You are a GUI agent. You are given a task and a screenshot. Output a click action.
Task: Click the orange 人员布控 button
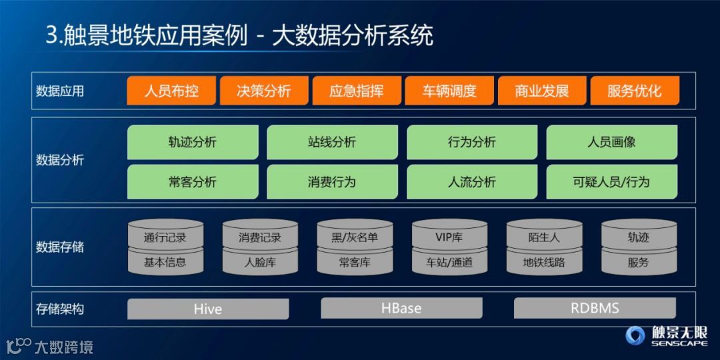(x=171, y=91)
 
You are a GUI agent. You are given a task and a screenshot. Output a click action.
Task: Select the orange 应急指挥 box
(x=357, y=91)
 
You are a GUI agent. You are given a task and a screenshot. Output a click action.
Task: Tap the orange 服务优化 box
(x=635, y=91)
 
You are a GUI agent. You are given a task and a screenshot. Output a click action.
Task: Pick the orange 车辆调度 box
(x=449, y=91)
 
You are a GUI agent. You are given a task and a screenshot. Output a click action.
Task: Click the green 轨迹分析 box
(x=193, y=142)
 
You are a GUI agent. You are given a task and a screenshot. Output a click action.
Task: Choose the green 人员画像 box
(x=611, y=142)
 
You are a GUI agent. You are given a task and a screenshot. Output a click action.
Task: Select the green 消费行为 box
(x=332, y=182)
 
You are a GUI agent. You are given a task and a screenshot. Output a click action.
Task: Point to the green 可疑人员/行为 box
(x=611, y=182)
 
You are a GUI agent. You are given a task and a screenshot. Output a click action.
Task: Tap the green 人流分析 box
(x=472, y=182)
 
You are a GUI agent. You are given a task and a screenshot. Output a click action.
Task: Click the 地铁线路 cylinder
(x=544, y=262)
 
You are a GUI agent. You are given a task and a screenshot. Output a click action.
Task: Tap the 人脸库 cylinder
(x=260, y=262)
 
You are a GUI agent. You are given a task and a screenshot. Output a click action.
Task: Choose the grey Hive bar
(x=208, y=309)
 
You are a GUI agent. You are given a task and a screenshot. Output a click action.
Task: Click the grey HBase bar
(x=401, y=308)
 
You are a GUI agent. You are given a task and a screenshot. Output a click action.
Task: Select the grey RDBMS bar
(x=595, y=308)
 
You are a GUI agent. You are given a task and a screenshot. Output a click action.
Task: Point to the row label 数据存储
(x=60, y=247)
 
